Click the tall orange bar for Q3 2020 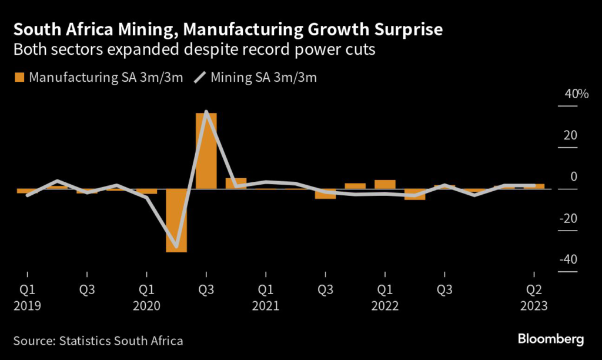[206, 151]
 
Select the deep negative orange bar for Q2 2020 [176, 221]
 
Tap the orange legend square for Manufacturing [19, 77]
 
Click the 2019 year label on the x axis [27, 306]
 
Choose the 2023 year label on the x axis [533, 306]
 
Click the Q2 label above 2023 [533, 290]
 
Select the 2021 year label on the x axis [266, 306]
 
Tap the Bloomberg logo [550, 339]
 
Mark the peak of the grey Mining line [206, 112]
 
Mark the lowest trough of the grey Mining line [176, 246]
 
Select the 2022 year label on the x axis [384, 306]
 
